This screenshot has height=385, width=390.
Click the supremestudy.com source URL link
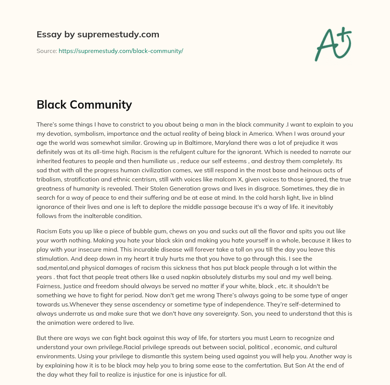[121, 51]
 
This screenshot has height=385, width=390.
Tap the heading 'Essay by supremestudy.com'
[98, 35]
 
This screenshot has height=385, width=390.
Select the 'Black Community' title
[84, 104]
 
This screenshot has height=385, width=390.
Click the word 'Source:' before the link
[47, 51]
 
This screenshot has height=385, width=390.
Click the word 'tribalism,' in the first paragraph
[51, 179]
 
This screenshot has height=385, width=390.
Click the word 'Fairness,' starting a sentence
[50, 286]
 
